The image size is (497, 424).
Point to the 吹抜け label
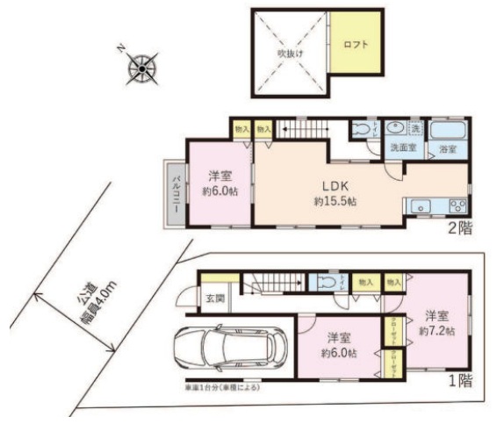[x=290, y=54]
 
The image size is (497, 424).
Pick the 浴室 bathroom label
[x=447, y=150]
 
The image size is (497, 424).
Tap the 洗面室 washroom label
[x=403, y=150]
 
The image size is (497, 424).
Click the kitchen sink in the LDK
[x=420, y=206]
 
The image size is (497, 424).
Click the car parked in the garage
[x=231, y=347]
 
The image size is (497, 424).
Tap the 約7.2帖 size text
[x=436, y=331]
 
